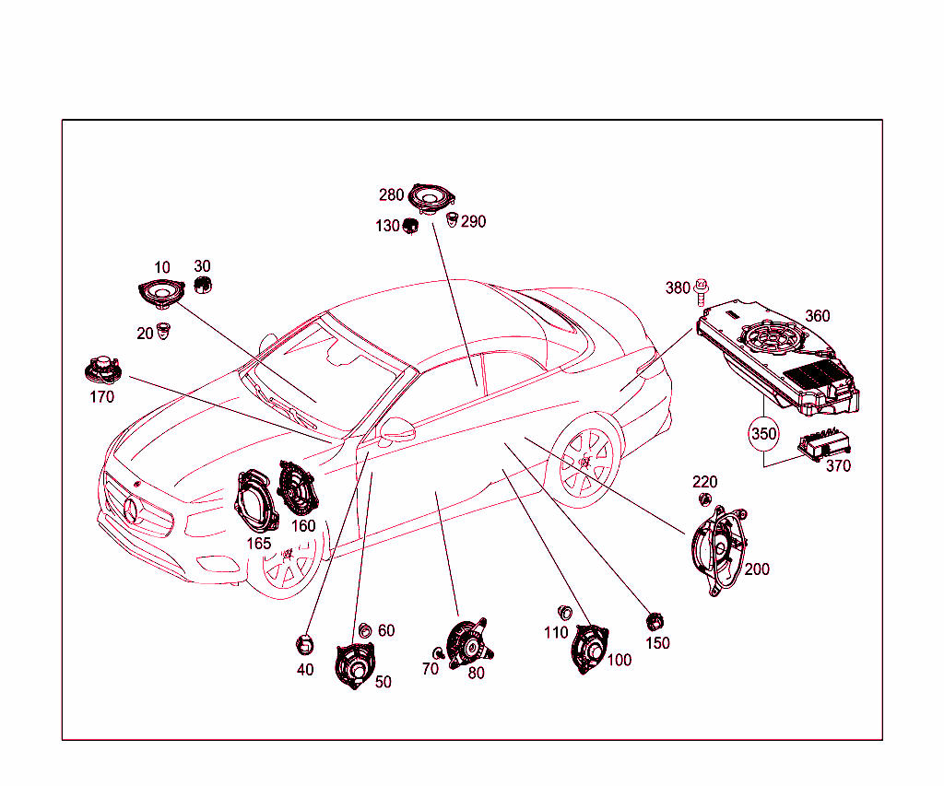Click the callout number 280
pos(391,195)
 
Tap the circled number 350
pos(763,433)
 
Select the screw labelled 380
pos(701,292)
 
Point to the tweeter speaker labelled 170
pos(103,370)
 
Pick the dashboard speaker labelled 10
pos(161,294)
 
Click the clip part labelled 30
pos(203,285)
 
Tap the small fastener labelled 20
pos(163,331)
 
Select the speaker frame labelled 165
pos(256,500)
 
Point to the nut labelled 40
pos(304,645)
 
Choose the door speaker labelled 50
pos(355,665)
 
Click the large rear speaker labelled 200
pos(719,550)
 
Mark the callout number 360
pos(818,316)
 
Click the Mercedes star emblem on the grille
pos(132,511)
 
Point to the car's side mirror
pos(396,429)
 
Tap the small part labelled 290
pos(452,219)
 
